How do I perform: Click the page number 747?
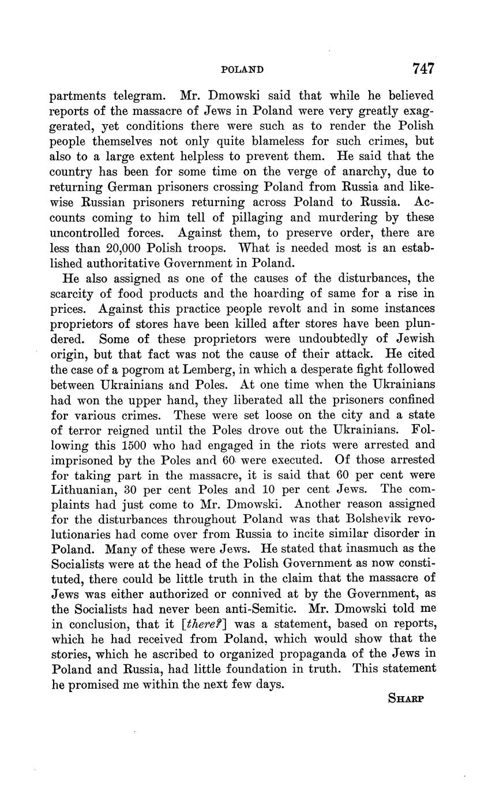coord(423,69)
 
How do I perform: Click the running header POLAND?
coord(242,70)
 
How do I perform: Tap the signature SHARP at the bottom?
coord(407,698)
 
